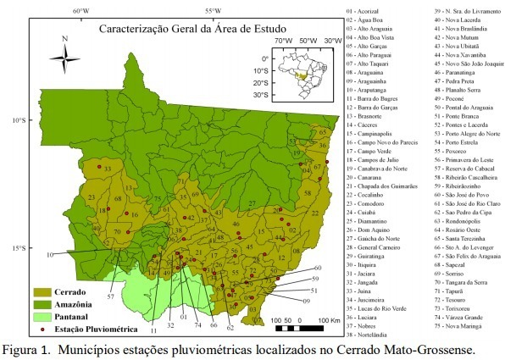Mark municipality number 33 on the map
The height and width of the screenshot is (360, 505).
pos(107,169)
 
